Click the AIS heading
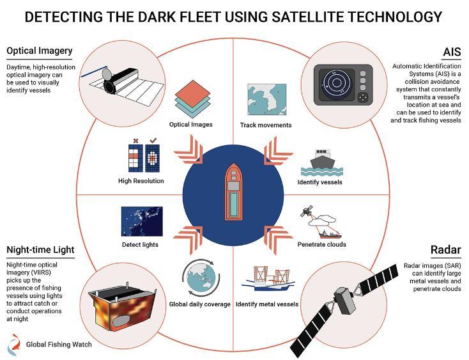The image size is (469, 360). click(x=452, y=52)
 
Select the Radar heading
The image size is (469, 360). click(x=445, y=249)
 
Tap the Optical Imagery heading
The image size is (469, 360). click(x=40, y=51)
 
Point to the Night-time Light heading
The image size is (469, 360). click(x=40, y=249)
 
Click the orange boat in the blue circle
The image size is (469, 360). click(x=233, y=192)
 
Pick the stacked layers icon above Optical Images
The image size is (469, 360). click(x=192, y=99)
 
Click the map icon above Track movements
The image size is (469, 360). click(x=267, y=100)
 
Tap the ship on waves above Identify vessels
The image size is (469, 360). click(x=322, y=163)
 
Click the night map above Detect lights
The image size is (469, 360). click(x=142, y=221)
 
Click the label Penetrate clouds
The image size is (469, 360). click(x=321, y=244)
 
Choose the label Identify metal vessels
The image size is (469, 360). click(x=267, y=304)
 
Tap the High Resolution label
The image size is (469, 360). click(x=141, y=181)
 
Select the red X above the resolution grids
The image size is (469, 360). click(x=135, y=141)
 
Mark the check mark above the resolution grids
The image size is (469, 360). click(x=153, y=140)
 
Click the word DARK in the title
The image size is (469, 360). click(x=151, y=17)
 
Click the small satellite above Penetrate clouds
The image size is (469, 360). click(x=307, y=211)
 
